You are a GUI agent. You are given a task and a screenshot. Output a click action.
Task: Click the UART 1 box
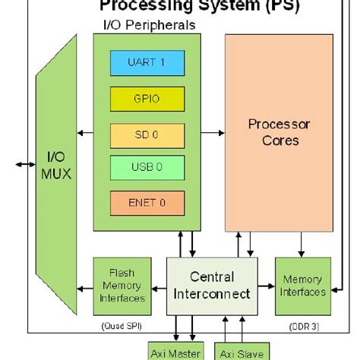tap(147, 63)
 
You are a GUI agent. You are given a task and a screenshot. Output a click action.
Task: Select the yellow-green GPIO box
tap(147, 98)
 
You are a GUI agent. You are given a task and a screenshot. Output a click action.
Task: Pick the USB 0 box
tap(147, 167)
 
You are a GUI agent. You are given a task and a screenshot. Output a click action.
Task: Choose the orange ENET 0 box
tap(147, 202)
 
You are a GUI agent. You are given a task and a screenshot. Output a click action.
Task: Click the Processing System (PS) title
tap(200, 7)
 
